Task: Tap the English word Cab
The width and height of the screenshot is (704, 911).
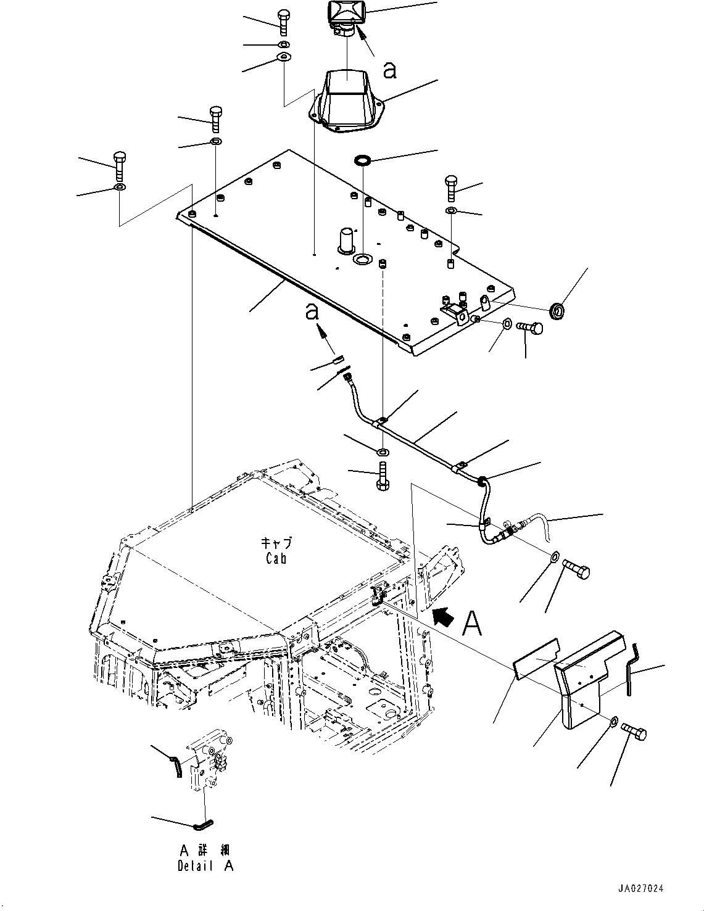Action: tap(276, 558)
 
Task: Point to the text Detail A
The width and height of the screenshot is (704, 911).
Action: tap(205, 866)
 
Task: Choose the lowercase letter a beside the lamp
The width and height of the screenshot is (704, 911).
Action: tap(389, 70)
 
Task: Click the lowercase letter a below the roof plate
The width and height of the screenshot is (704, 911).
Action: tap(311, 312)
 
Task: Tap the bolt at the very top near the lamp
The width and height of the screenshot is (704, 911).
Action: tap(283, 23)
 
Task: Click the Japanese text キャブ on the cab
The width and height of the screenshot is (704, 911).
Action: tap(276, 544)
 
